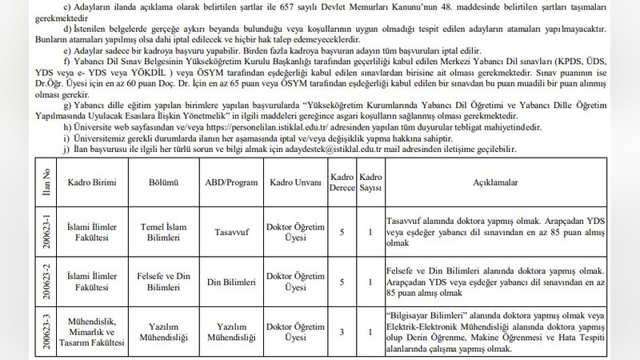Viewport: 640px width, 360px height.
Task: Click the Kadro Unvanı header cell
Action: click(297, 182)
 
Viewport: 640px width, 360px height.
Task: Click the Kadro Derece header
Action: click(342, 182)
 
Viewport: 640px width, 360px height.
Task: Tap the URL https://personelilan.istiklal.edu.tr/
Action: click(265, 126)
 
